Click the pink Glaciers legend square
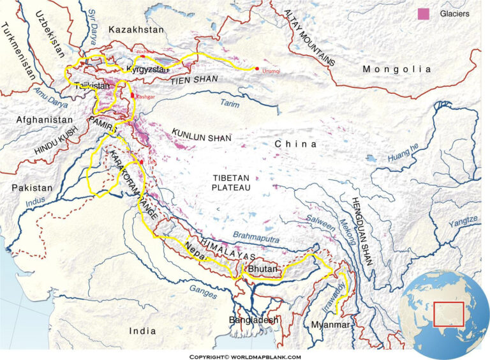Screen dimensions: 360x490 (x=422, y=13)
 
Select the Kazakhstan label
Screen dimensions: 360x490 (x=136, y=29)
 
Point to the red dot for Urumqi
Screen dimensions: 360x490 (x=256, y=68)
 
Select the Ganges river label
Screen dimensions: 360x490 (x=204, y=290)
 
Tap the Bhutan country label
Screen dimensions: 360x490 (x=263, y=270)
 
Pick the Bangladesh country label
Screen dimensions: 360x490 (x=255, y=319)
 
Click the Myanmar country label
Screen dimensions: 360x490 (x=330, y=325)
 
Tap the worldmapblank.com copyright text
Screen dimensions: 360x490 (x=245, y=356)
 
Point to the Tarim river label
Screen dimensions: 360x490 (x=230, y=102)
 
